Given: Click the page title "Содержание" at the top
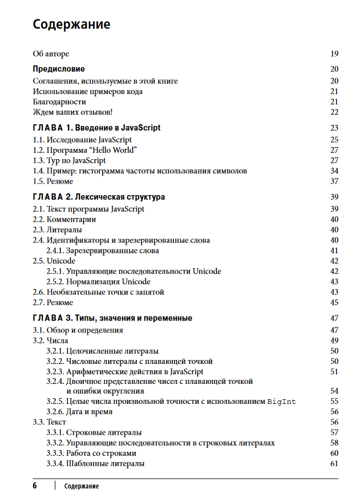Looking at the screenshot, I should (x=71, y=25).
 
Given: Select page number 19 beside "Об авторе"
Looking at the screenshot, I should (x=334, y=54).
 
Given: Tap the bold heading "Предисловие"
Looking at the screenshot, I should (x=59, y=69).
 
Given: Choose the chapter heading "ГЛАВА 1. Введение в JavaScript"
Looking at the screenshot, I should (x=96, y=128).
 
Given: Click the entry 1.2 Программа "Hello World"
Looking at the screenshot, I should (x=85, y=150).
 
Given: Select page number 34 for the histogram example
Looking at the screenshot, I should (x=334, y=171).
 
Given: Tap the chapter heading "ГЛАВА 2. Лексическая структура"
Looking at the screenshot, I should (x=99, y=197).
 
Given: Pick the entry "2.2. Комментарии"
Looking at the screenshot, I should (x=64, y=219).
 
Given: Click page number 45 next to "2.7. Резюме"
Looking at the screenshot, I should (x=334, y=302).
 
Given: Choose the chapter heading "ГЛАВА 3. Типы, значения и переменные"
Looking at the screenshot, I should (x=112, y=318).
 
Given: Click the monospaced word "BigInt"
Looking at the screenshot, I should (x=282, y=402).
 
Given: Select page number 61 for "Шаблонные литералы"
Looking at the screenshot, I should (x=334, y=463).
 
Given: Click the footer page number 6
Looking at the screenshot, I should (x=35, y=486).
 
